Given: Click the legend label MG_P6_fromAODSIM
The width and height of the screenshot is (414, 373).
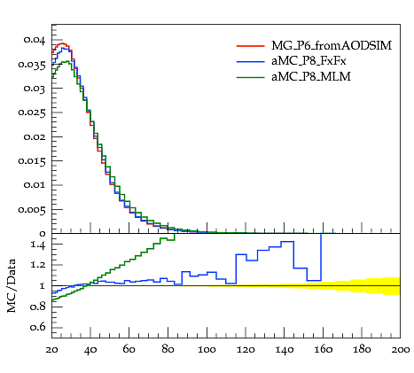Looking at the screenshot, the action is (x=332, y=46).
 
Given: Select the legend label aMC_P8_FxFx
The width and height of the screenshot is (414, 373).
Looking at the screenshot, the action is (x=309, y=61).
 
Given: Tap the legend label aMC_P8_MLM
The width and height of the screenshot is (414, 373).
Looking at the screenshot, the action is (x=311, y=77).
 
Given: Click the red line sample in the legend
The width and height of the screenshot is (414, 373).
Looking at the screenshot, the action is (x=250, y=46).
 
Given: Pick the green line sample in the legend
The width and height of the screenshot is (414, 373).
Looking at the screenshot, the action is (x=250, y=77).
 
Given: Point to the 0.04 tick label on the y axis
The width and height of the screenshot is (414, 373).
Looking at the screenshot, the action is (x=35, y=40).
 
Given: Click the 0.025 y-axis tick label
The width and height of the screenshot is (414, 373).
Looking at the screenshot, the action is (x=32, y=113).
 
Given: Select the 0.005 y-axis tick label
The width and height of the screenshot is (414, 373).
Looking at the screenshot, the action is (x=32, y=209).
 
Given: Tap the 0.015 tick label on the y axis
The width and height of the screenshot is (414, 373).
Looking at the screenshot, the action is (x=32, y=161).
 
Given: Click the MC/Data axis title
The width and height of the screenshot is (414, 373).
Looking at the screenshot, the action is (x=12, y=285).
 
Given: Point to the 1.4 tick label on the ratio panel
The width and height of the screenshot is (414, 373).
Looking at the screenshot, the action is (x=37, y=245).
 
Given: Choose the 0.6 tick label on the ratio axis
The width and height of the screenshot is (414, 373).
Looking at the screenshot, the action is (x=37, y=327).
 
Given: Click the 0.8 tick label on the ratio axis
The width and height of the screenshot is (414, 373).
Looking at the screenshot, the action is (x=37, y=307).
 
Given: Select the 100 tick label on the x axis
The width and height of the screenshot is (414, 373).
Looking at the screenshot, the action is (x=207, y=350).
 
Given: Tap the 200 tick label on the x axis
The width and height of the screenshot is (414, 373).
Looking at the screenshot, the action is (x=400, y=350).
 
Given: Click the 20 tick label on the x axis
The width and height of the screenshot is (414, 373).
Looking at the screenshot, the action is (x=52, y=350).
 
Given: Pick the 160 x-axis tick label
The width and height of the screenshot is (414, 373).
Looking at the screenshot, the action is (x=323, y=350).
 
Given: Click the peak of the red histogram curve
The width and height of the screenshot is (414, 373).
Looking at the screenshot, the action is (x=62, y=43).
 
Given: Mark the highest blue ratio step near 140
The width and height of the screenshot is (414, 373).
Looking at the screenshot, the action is (x=287, y=242).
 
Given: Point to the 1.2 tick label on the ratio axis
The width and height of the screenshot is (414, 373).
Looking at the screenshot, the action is (x=37, y=265).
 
